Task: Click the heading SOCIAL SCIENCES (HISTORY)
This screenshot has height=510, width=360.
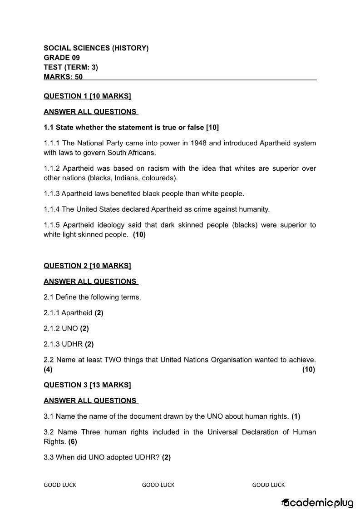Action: click(96, 48)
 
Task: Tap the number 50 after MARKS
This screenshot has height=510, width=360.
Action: click(79, 77)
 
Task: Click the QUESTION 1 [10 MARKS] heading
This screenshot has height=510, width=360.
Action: click(87, 96)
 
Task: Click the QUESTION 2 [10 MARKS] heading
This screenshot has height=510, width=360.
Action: click(87, 266)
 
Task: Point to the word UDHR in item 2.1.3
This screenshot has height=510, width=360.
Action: click(73, 344)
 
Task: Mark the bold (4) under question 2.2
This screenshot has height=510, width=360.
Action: click(48, 370)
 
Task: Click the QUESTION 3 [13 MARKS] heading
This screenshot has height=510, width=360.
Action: click(87, 385)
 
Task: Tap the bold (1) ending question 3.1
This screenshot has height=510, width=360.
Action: click(296, 416)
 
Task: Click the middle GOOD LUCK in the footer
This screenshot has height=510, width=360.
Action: click(158, 485)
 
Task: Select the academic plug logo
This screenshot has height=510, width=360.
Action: click(317, 503)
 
